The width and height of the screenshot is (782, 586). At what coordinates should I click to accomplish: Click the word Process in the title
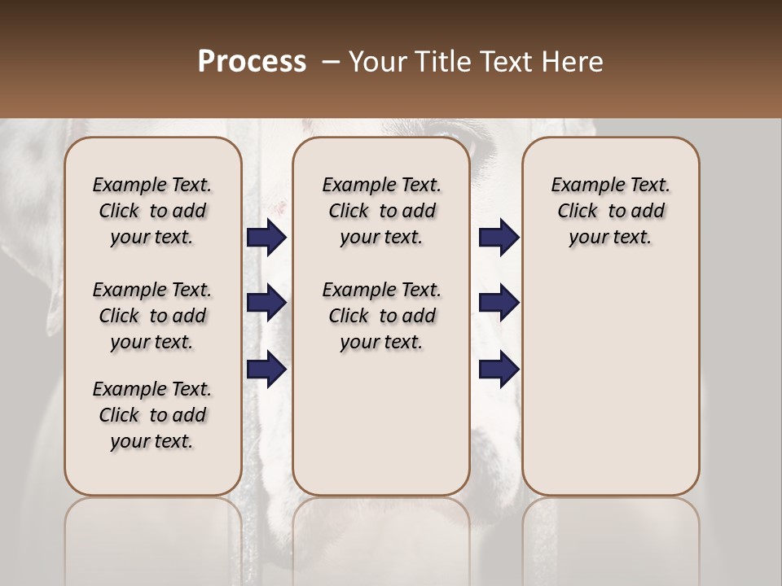click(252, 62)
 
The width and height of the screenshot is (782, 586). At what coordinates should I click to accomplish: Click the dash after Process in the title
click(330, 63)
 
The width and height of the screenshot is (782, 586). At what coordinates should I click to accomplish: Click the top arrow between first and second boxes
click(266, 237)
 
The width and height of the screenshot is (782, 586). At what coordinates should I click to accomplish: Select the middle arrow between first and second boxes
click(266, 303)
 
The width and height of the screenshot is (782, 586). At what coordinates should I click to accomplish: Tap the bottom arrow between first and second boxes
click(266, 369)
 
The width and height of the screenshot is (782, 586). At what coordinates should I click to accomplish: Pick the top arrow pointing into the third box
click(499, 237)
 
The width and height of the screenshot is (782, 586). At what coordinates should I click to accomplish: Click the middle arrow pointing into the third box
click(499, 303)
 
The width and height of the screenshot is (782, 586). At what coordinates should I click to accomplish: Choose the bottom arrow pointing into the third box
click(499, 369)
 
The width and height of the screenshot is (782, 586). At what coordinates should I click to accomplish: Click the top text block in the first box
click(152, 211)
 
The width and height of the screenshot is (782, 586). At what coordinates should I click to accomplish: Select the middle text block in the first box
click(152, 316)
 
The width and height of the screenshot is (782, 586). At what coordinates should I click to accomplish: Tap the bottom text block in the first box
click(152, 415)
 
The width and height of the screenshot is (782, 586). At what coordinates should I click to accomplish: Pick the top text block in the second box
click(381, 211)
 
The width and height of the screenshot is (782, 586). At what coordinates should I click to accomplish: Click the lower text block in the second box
click(381, 316)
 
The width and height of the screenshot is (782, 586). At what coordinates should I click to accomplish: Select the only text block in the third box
click(611, 211)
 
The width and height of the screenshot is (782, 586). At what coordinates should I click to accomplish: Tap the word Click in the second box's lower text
click(349, 316)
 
